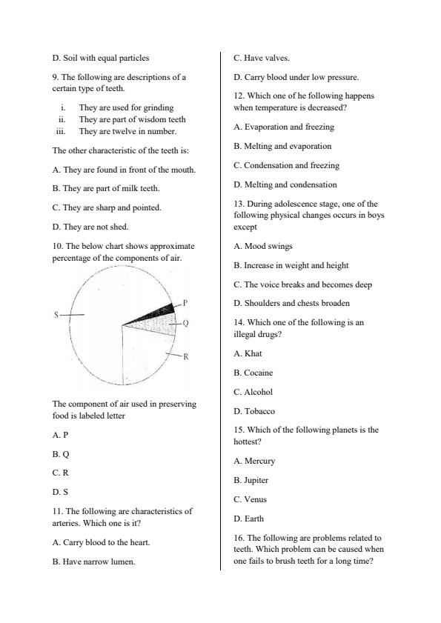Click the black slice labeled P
coord(165,310)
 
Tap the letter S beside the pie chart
coord(56,315)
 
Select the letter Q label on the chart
coord(185,323)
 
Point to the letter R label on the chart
coord(186,356)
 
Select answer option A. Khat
coord(248,353)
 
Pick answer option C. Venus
coord(251,499)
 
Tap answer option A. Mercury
coord(254,461)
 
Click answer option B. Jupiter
coord(251,480)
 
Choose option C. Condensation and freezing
coord(276,165)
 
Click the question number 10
coord(57,246)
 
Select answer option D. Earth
coord(249,519)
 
